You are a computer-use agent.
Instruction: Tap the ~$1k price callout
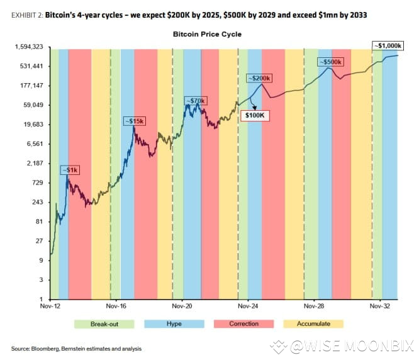(x=69, y=170)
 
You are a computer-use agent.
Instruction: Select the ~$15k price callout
(x=133, y=120)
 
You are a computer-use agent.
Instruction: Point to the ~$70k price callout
(x=196, y=100)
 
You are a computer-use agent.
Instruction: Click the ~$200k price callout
(x=259, y=78)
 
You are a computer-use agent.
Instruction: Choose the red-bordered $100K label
(x=254, y=115)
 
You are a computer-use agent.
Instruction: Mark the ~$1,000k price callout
(x=386, y=45)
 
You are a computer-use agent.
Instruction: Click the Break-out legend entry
(x=104, y=323)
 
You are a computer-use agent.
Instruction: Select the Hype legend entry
(x=174, y=323)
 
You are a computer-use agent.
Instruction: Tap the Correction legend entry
(x=243, y=323)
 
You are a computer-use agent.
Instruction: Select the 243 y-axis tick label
(x=36, y=202)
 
